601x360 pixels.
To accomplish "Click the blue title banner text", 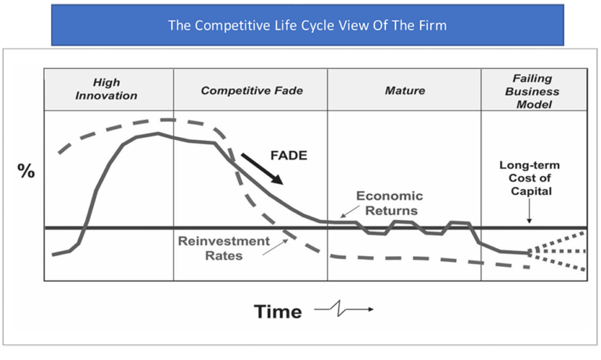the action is coord(308,25).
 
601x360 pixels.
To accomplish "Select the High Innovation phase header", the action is coord(106,89).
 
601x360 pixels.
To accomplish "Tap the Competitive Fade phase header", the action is coord(252,91).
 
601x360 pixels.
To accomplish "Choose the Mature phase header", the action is coord(405,91).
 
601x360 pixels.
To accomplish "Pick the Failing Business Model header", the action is coord(532,92).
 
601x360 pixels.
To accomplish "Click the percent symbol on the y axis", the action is coord(26,171).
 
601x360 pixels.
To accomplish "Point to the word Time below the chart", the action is coord(278,311).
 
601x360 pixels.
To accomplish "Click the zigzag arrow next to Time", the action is coord(344,308).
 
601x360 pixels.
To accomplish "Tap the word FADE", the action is coord(289,155).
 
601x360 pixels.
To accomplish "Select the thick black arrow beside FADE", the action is coord(262,169).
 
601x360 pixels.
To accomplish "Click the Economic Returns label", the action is coord(390,203).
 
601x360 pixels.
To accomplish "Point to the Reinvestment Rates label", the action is coord(224,248).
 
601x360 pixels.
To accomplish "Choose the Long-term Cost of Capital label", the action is coord(530,178).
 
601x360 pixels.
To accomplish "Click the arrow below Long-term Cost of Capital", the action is coord(529,211).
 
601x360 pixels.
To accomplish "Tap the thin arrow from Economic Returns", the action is coord(350,211).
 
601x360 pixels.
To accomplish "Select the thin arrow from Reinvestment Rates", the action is coord(275,247).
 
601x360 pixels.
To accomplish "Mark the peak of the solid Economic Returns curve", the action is coord(158,133).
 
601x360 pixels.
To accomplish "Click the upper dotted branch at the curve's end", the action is coord(557,242).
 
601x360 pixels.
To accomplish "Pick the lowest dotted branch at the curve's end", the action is coord(557,261).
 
